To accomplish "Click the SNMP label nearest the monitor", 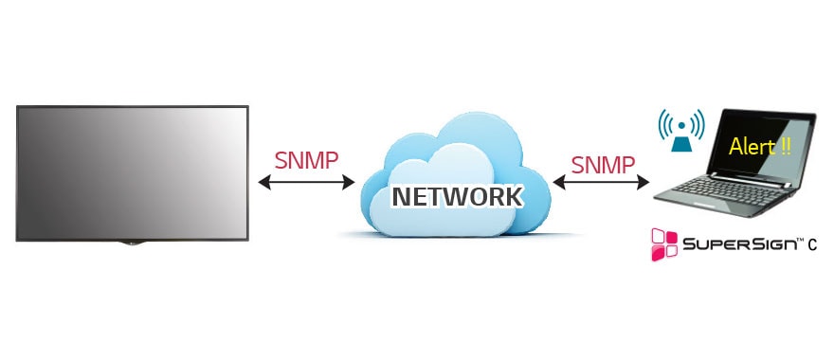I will coord(306,158).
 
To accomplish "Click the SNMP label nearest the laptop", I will coord(603,164).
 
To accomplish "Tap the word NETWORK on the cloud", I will coord(458,196).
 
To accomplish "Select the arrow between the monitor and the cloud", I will coord(306,181).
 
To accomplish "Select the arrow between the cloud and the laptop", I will coord(600,183).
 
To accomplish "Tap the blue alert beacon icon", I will coord(681,133).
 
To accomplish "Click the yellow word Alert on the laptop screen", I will coord(746,147).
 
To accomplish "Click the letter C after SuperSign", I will coord(813,246).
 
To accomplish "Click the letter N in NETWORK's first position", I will coord(402,196).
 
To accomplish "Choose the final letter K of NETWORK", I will coord(512,196).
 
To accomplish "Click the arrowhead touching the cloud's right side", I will coord(558,183).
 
